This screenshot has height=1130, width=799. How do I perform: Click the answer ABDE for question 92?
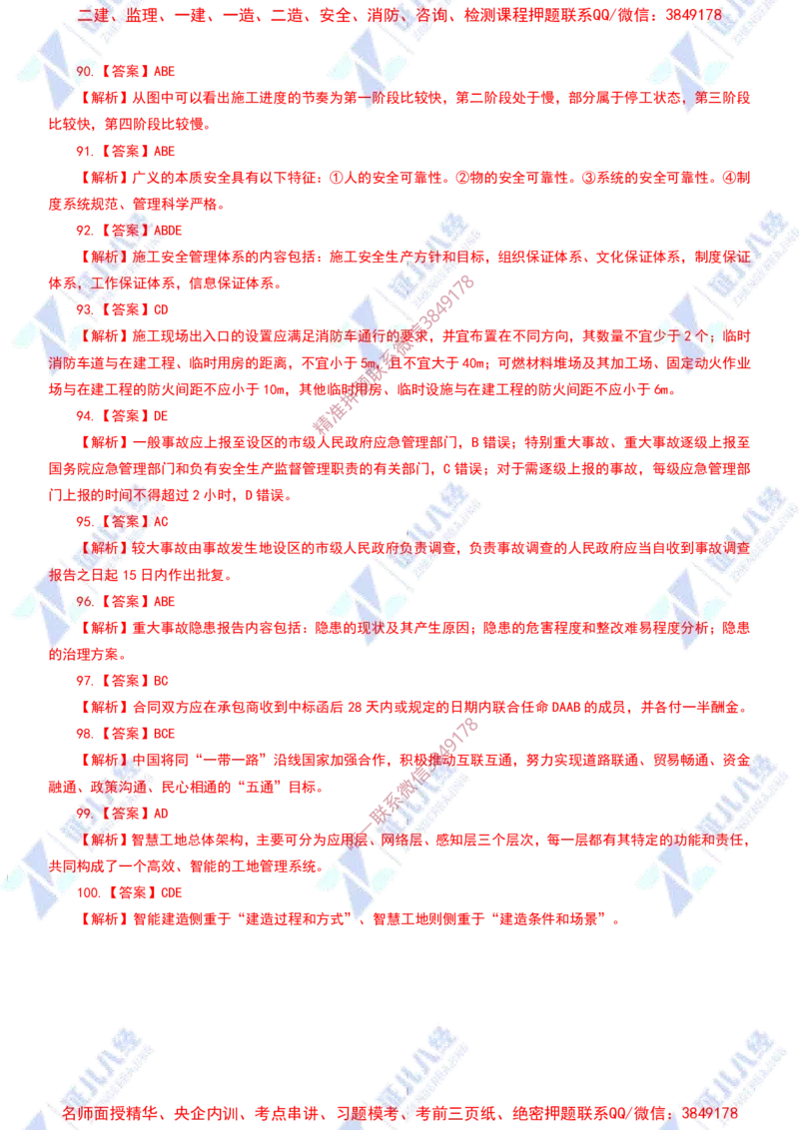[168, 231]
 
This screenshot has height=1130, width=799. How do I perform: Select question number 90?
[85, 71]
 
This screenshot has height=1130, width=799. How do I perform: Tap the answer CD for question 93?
[161, 309]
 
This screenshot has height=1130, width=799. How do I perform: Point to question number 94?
[85, 416]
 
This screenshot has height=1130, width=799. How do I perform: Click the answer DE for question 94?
[161, 416]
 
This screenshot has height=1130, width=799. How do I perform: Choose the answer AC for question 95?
[161, 522]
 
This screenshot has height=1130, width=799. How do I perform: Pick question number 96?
[85, 602]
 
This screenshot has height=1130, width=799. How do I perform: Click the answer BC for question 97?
[161, 681]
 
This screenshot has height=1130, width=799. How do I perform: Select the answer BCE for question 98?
[165, 734]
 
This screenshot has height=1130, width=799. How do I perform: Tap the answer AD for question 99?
[161, 814]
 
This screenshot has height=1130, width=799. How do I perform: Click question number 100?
[89, 892]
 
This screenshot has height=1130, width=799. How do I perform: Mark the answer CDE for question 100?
[172, 892]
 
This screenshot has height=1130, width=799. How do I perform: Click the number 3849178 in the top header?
[693, 15]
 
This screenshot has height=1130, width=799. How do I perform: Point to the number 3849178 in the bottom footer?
[709, 1113]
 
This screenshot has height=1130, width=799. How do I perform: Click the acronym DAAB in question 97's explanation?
[566, 708]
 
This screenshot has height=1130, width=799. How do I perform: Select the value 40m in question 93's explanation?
[472, 363]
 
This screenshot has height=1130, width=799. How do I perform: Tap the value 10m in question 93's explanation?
[274, 390]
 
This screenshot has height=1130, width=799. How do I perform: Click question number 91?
[85, 152]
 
